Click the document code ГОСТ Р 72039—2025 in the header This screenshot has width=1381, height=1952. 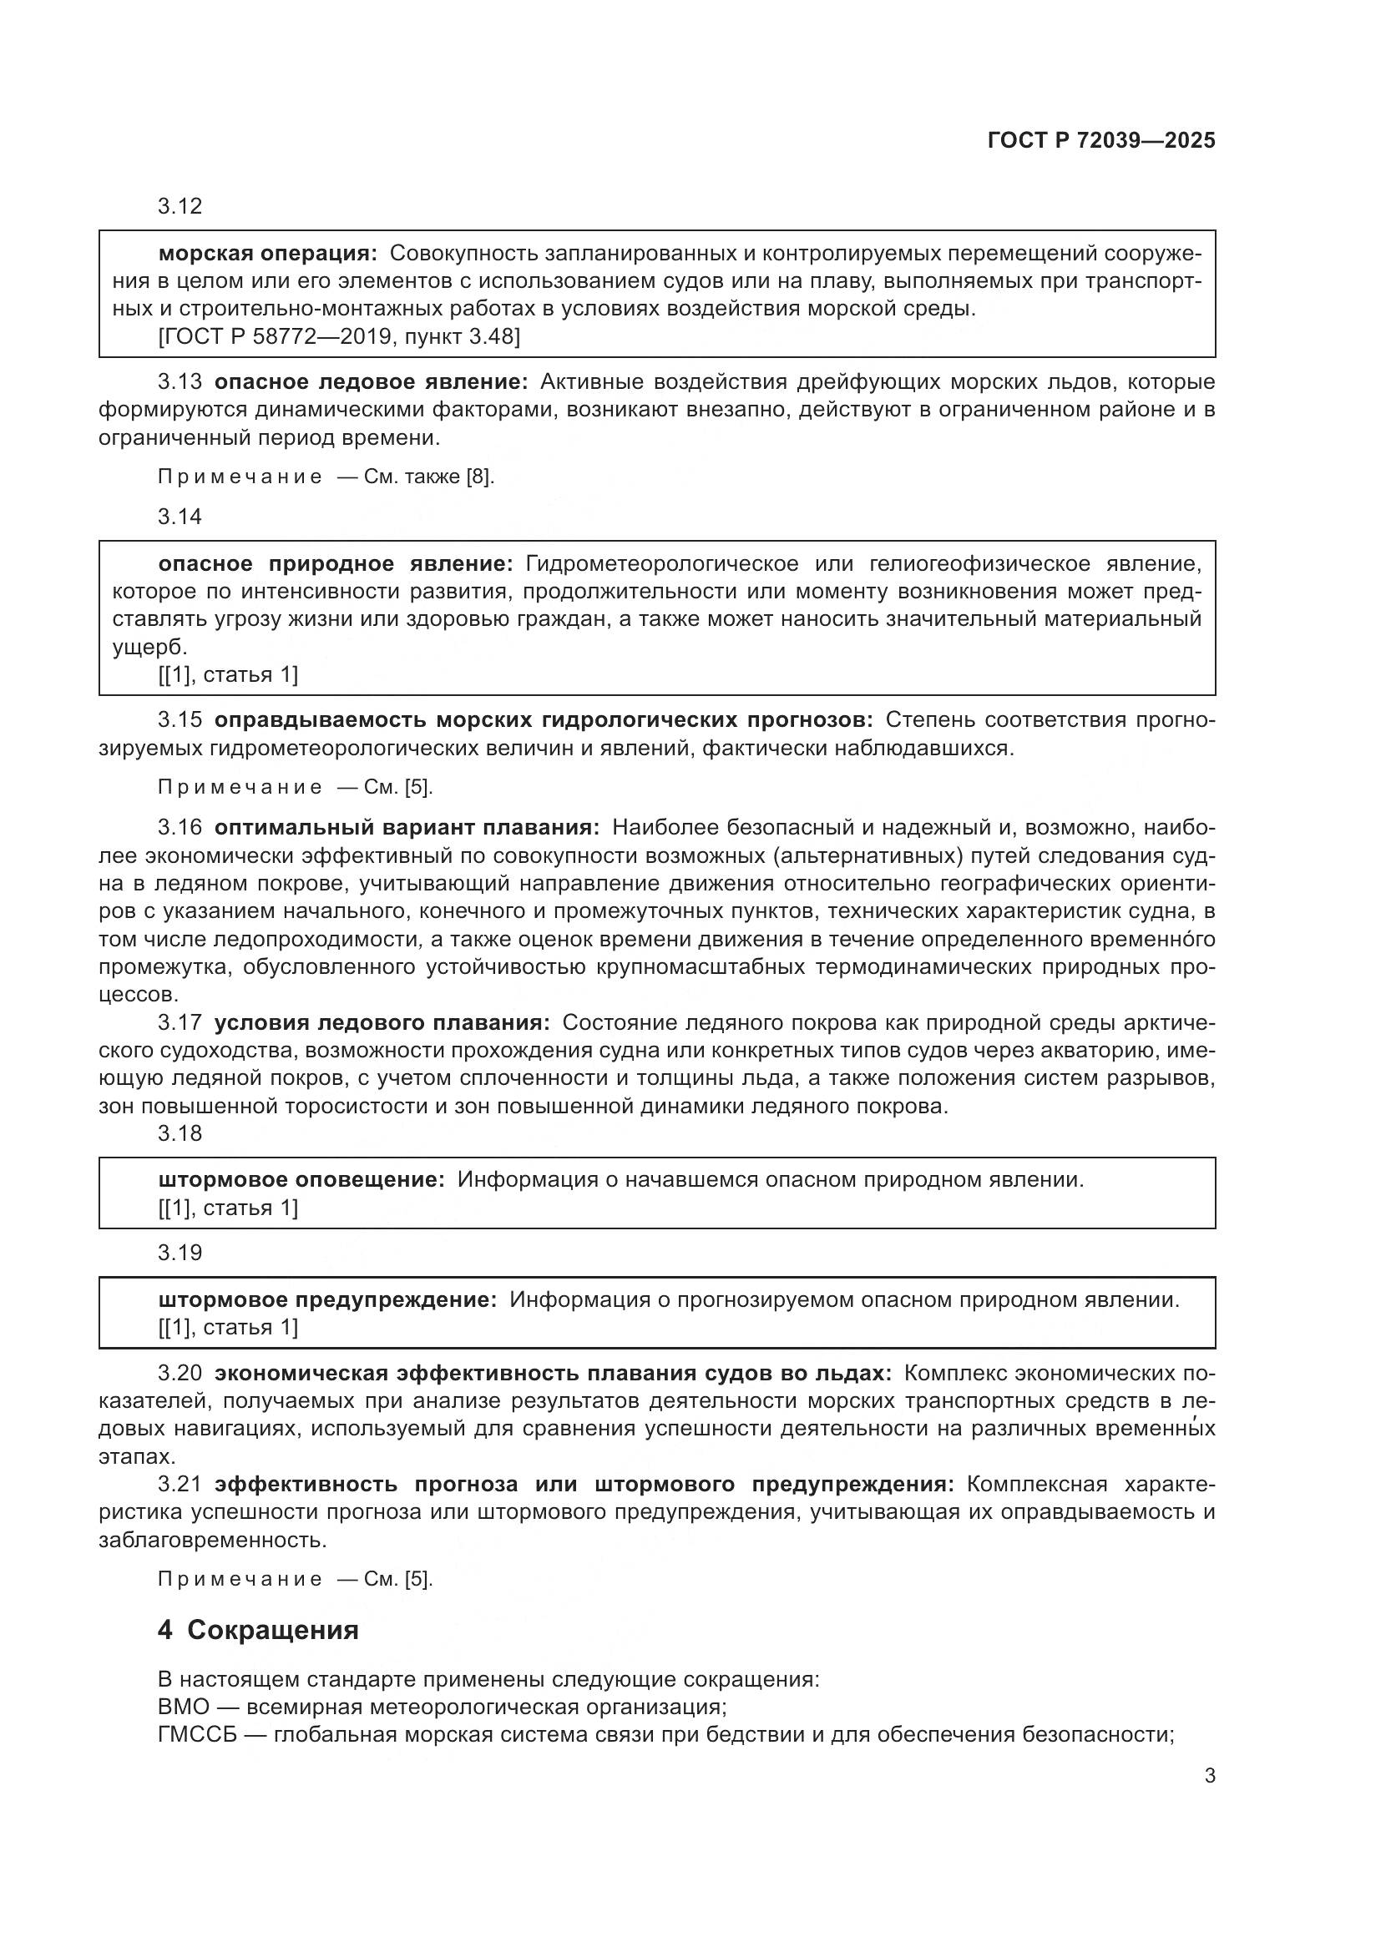1101,141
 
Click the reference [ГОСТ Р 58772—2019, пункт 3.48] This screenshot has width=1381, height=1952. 338,336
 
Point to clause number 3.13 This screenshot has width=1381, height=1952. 180,381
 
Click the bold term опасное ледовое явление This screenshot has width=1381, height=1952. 371,381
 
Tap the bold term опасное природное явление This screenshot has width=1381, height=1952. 336,563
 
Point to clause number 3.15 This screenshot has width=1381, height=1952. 180,720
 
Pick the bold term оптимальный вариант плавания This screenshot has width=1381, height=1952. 407,827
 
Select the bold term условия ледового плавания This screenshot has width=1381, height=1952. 382,1023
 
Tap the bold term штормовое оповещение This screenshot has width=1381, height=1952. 302,1180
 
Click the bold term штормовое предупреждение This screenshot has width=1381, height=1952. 327,1300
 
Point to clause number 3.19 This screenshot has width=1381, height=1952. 180,1253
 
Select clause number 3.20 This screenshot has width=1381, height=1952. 180,1373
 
